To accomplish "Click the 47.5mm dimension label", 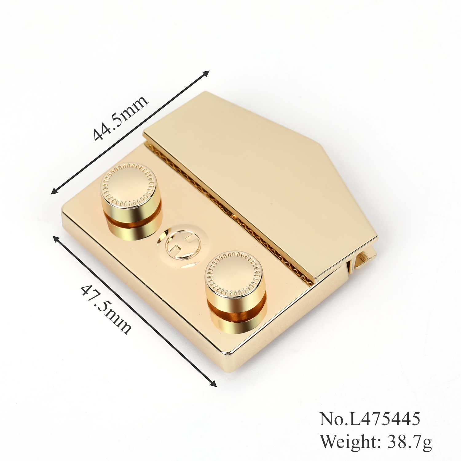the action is [x=106, y=309].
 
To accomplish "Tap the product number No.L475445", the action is [x=370, y=419].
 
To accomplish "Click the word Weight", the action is [x=349, y=441].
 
